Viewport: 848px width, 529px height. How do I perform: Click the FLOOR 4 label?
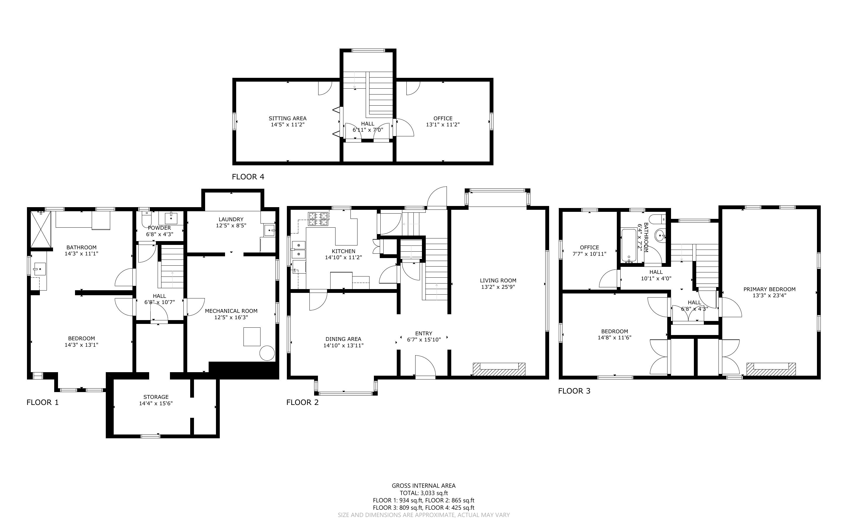coord(248,177)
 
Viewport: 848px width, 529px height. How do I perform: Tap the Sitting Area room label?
coord(287,118)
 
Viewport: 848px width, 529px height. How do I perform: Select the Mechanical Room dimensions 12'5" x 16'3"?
coord(231,317)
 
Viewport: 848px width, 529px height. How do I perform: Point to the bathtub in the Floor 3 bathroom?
coord(629,245)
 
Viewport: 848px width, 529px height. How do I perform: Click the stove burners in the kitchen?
coord(318,219)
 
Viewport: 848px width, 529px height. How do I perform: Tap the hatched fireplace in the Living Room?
coord(499,369)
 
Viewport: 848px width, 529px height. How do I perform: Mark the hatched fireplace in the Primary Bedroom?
coord(771,370)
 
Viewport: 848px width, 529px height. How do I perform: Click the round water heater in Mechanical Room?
coord(267,353)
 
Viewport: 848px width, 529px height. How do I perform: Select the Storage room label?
coord(156,397)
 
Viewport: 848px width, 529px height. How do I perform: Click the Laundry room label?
coord(231,219)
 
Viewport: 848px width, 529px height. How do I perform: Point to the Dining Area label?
coord(343,339)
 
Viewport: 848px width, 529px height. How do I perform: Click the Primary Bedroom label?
coord(769,289)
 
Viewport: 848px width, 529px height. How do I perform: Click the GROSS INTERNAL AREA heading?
coord(423,486)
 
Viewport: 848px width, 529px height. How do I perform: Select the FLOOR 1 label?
coord(43,402)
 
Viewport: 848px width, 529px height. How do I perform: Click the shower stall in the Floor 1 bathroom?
coord(41,229)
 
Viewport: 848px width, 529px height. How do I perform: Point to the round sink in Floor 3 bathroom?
coord(660,236)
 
